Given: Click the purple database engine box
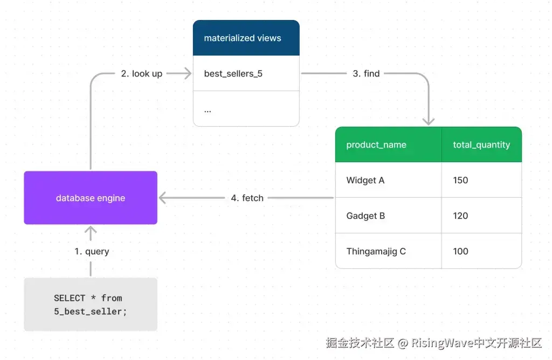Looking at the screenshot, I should tap(91, 198).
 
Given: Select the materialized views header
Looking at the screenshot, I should tap(246, 38).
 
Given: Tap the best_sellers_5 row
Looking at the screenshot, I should tap(246, 73).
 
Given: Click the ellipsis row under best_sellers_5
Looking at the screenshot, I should tap(246, 109).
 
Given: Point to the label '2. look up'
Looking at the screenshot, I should tap(141, 74).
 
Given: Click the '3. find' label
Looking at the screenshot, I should tap(366, 74).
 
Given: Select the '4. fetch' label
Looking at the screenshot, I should tap(247, 198).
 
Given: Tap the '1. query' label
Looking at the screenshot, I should tap(92, 252).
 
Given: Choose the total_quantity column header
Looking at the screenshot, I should tap(481, 144).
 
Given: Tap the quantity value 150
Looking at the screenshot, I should tap(461, 180).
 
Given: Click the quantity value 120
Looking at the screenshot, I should tap(461, 216).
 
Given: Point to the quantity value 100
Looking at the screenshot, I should tap(461, 251).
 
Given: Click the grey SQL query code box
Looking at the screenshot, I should tap(91, 304).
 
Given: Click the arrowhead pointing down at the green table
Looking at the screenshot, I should tap(429, 121).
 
